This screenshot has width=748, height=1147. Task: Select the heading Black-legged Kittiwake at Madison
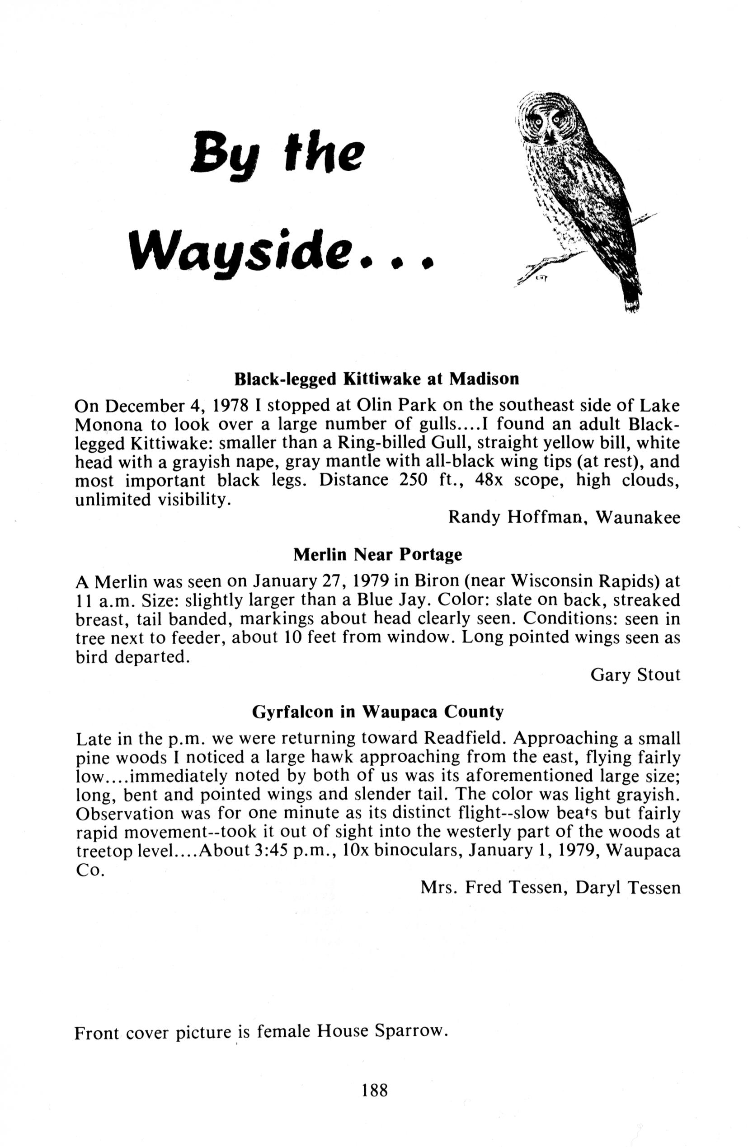pyautogui.click(x=376, y=379)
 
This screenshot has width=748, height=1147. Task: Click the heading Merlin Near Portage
pyautogui.click(x=378, y=555)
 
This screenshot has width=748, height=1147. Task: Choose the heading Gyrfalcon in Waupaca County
pyautogui.click(x=378, y=712)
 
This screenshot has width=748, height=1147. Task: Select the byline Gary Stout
pyautogui.click(x=635, y=675)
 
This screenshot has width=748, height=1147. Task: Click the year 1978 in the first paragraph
pyautogui.click(x=231, y=406)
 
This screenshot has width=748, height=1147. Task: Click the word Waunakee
pyautogui.click(x=638, y=518)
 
